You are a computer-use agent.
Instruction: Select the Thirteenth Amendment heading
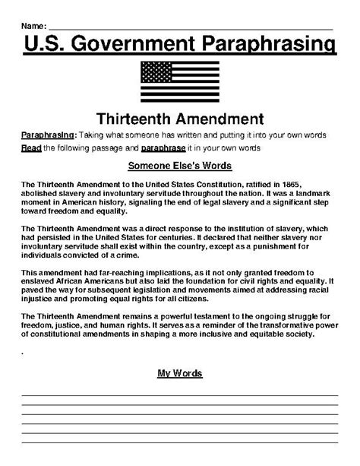[180, 118]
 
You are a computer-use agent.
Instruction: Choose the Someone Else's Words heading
[180, 166]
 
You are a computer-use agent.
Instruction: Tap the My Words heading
[180, 373]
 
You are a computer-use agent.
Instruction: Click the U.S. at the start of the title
[45, 45]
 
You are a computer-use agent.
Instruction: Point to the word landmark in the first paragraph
[307, 194]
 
